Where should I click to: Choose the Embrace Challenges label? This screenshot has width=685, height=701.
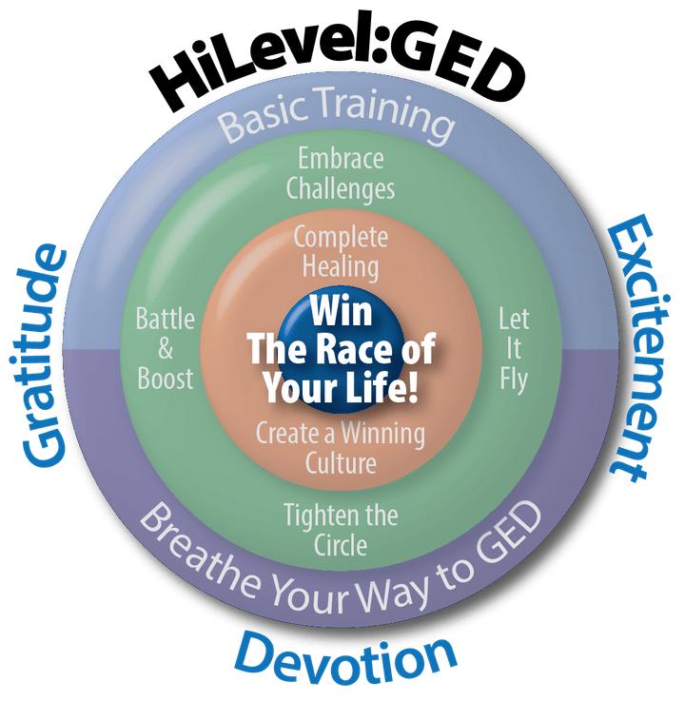click(x=341, y=172)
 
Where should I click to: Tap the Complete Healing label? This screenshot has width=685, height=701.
click(x=340, y=251)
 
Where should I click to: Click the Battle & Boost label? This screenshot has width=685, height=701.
click(x=165, y=348)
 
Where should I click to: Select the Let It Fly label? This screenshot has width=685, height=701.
click(x=513, y=348)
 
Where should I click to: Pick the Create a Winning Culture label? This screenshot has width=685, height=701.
click(x=340, y=448)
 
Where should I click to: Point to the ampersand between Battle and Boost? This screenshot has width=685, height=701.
click(x=165, y=348)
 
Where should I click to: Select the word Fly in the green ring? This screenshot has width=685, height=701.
click(x=513, y=380)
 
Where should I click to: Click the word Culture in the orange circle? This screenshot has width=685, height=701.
click(x=340, y=463)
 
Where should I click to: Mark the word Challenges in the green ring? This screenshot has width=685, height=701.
click(x=341, y=187)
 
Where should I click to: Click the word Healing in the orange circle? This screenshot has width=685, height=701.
click(x=340, y=265)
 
